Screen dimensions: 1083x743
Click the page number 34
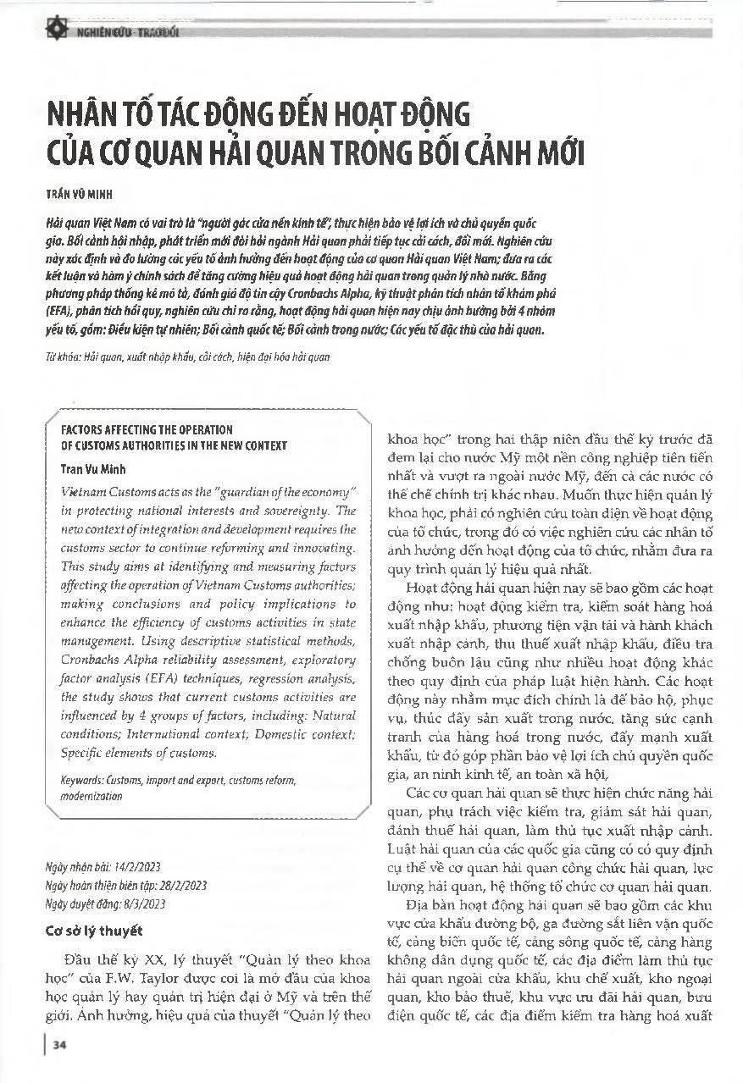point(60,1045)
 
